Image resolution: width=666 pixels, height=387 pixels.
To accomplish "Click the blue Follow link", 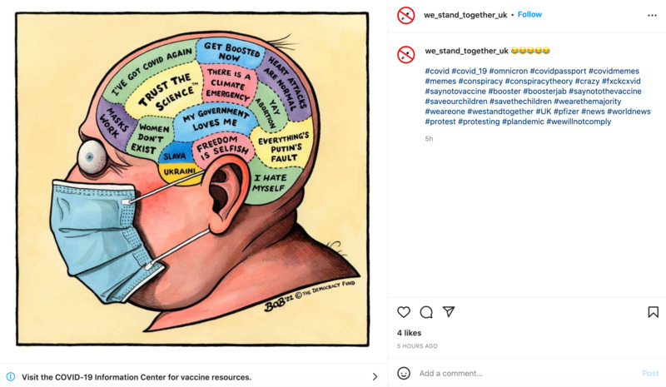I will click(x=529, y=15).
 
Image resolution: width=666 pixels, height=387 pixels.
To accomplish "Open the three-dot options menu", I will click(x=652, y=15).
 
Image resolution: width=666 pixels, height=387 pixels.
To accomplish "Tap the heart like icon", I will click(x=404, y=312).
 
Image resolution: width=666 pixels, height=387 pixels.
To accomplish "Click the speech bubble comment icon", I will click(x=426, y=312).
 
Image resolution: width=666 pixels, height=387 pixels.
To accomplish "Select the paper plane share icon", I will click(x=449, y=312).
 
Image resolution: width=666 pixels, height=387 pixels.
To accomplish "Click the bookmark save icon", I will click(x=653, y=312).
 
